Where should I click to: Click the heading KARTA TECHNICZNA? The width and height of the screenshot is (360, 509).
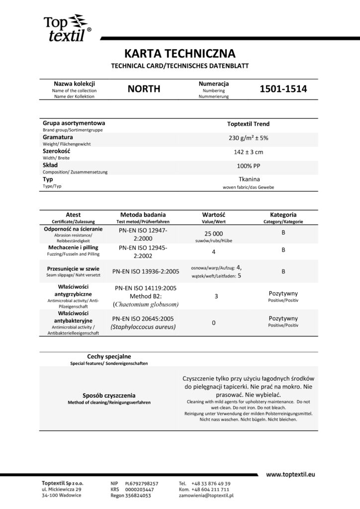pyautogui.click(x=180, y=54)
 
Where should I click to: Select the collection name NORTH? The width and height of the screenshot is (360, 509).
pyautogui.click(x=144, y=89)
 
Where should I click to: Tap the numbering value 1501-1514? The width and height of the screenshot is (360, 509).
pyautogui.click(x=283, y=89)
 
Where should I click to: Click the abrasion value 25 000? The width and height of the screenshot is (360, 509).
pyautogui.click(x=214, y=234)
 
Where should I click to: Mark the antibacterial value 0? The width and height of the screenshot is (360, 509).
pyautogui.click(x=213, y=323)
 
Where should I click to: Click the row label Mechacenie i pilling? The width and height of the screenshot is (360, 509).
pyautogui.click(x=74, y=247)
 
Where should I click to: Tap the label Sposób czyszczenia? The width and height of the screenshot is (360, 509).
pyautogui.click(x=109, y=396)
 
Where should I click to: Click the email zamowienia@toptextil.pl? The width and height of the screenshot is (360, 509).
pyautogui.click(x=206, y=496)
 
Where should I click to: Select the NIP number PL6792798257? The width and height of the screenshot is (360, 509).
pyautogui.click(x=142, y=483)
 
